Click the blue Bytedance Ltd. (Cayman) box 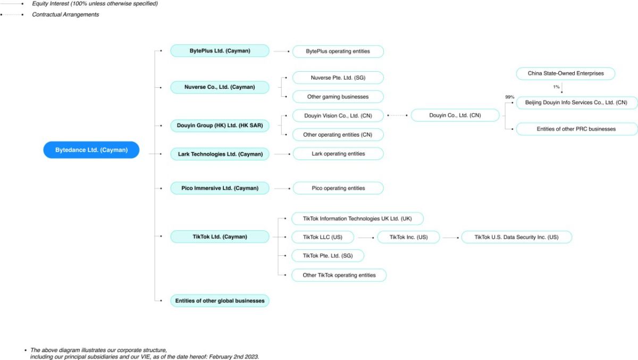coord(91,150)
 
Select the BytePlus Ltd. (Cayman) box coord(220,51)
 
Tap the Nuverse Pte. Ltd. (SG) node coord(338,78)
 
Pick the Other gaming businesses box coord(338,97)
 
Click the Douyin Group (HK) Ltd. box coord(220,125)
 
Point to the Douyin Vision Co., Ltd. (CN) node coord(338,115)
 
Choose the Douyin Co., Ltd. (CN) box coord(455,115)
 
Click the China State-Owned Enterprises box coord(565,73)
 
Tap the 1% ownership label coord(556,87)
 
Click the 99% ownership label coord(509,97)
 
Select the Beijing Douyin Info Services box coord(576,103)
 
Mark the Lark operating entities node coord(338,154)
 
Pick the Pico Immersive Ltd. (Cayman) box coord(220,188)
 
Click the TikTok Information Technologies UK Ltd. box coord(357,219)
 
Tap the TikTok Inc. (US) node coord(408,237)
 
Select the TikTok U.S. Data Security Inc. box coord(516,237)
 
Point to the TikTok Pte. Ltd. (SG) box coord(328,256)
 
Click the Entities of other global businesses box coord(220,301)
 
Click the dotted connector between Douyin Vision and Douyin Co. coord(397,115)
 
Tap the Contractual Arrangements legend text coord(65,14)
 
